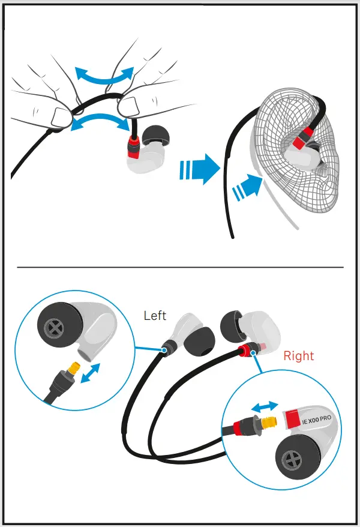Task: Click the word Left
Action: tap(155, 316)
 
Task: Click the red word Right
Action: tap(299, 356)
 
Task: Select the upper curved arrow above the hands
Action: tap(104, 76)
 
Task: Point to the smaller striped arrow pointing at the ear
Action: tap(248, 187)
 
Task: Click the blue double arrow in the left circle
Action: tap(90, 374)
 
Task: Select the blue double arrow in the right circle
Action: tap(265, 406)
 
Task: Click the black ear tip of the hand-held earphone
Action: tap(156, 134)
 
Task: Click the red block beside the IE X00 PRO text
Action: tap(292, 417)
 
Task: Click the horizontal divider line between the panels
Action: tap(180, 267)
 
